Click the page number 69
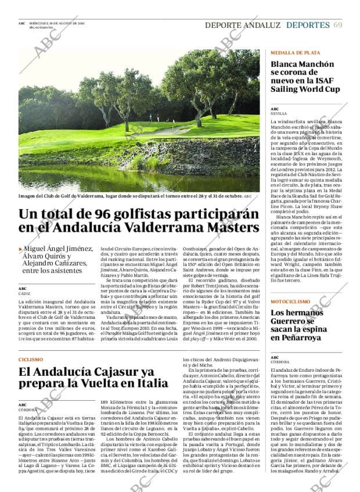[x=337, y=25]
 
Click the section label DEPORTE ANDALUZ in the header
[x=243, y=25]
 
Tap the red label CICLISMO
[x=31, y=359]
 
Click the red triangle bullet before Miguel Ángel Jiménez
[x=20, y=248]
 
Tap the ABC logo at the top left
[x=21, y=23]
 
